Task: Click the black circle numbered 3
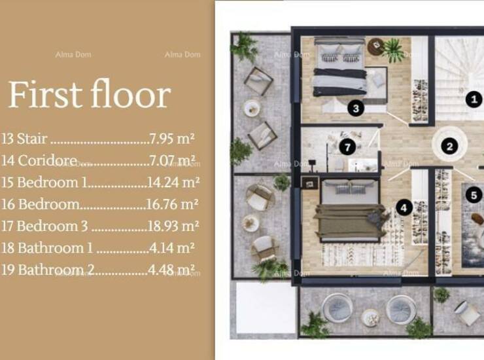click(356, 109)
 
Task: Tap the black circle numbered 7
click(347, 147)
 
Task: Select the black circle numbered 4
click(404, 208)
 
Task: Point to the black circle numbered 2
click(450, 146)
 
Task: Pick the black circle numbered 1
click(474, 99)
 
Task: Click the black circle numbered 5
click(474, 195)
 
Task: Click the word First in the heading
click(45, 94)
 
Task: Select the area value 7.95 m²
click(172, 139)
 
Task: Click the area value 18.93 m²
click(173, 226)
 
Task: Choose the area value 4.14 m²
click(171, 248)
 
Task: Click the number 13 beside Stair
click(7, 139)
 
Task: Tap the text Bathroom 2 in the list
click(56, 270)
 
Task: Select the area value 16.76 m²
click(172, 204)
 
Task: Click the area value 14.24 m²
click(173, 183)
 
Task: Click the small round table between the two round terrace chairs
click(370, 318)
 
